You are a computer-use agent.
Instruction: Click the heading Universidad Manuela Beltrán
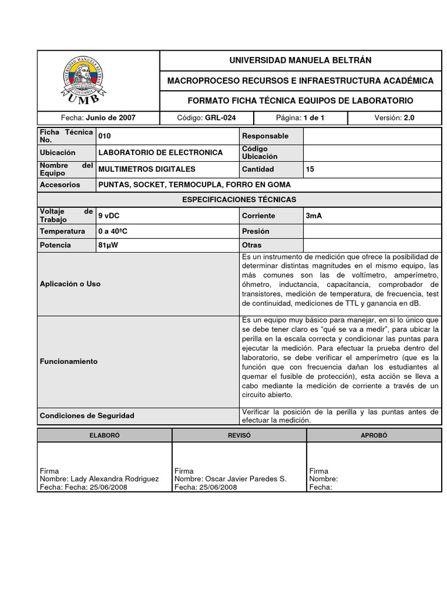click(x=300, y=61)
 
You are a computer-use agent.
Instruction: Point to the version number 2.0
click(x=409, y=118)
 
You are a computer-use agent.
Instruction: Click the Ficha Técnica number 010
click(x=105, y=136)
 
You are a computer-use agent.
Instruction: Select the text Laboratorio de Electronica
click(x=161, y=152)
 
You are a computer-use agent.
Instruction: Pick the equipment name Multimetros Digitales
click(x=147, y=169)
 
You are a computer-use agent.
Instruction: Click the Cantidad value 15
click(x=310, y=169)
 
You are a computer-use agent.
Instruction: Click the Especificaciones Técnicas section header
click(x=239, y=200)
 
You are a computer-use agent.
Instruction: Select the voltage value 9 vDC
click(x=109, y=216)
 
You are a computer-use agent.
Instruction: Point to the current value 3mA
click(x=314, y=216)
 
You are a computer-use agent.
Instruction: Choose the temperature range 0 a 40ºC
click(x=113, y=231)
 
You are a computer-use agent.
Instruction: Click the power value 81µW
click(x=109, y=245)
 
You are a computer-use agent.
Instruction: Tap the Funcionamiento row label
click(x=69, y=361)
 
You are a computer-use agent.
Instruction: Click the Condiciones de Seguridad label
click(x=87, y=416)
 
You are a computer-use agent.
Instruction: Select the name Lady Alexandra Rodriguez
click(x=115, y=479)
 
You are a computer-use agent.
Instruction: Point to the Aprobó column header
click(x=374, y=435)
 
